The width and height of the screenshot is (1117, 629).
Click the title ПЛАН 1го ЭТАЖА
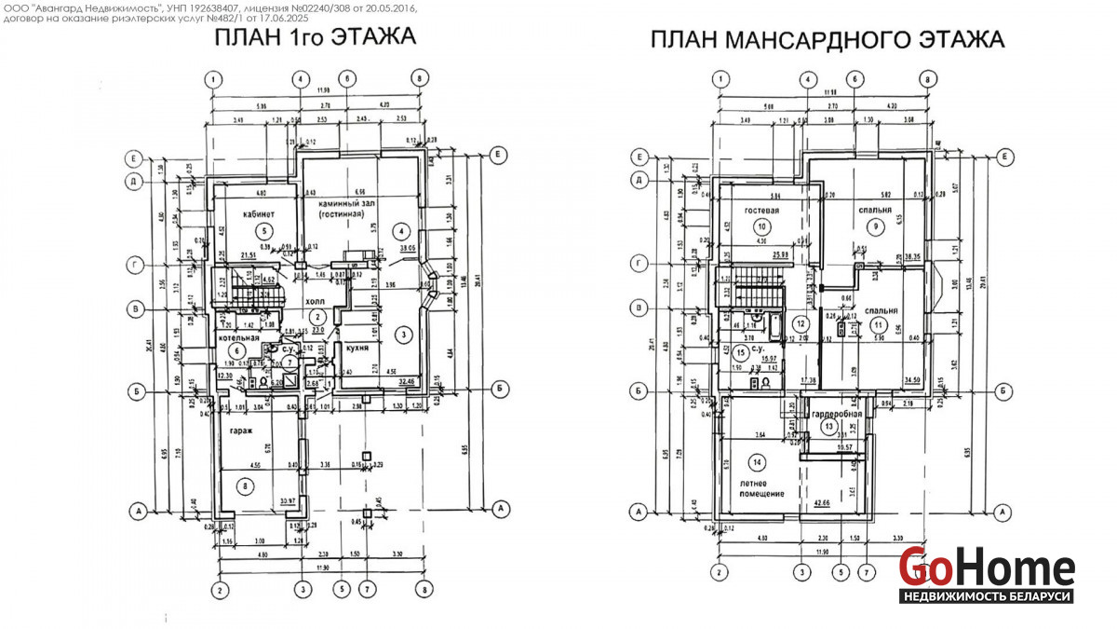[x=314, y=38]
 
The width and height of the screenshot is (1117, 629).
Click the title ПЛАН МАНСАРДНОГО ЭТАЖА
[x=827, y=40]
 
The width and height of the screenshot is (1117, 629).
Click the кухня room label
[x=359, y=348]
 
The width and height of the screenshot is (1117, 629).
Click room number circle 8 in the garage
[x=245, y=485]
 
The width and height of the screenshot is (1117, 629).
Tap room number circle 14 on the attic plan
[x=758, y=462]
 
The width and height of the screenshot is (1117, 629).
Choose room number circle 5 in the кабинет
[x=263, y=230]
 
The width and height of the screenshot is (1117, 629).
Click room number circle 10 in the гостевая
[x=762, y=226]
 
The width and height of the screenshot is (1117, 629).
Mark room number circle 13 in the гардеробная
[x=829, y=427]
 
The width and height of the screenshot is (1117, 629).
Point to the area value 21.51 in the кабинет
[x=249, y=254]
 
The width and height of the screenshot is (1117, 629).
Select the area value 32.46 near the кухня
[x=407, y=381]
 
